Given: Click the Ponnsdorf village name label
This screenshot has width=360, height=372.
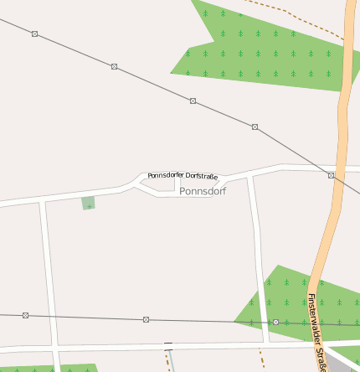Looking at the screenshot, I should pyautogui.click(x=203, y=191).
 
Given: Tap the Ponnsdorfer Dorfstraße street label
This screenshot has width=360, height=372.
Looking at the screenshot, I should pyautogui.click(x=183, y=176).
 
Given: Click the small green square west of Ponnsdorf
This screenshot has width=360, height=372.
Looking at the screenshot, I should pyautogui.click(x=88, y=203).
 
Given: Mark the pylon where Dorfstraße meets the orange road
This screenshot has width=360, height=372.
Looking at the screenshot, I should pyautogui.click(x=332, y=175).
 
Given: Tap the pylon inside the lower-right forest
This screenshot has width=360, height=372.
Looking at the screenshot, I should pyautogui.click(x=275, y=322).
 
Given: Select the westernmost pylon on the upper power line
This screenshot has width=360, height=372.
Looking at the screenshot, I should pyautogui.click(x=34, y=34).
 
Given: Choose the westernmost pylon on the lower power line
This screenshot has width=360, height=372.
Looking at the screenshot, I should pyautogui.click(x=25, y=315).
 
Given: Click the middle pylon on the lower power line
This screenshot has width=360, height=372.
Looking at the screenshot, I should pyautogui.click(x=146, y=319).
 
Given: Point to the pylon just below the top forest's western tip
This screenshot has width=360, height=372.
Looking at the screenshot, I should pyautogui.click(x=193, y=101).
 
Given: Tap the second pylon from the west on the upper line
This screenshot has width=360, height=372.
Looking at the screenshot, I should pyautogui.click(x=114, y=66).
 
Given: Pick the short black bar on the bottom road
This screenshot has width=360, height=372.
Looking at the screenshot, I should pyautogui.click(x=168, y=344).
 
